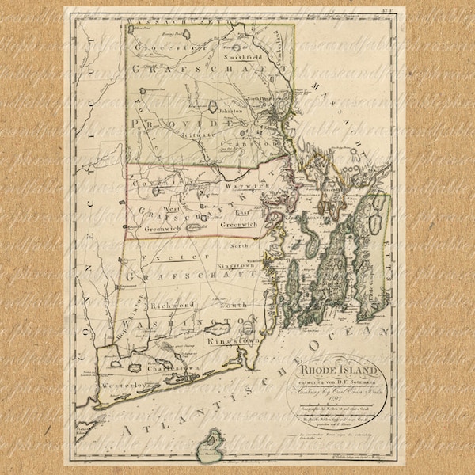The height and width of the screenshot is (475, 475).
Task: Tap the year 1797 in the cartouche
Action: point(333,397)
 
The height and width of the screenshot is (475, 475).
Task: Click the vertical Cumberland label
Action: point(280,44)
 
